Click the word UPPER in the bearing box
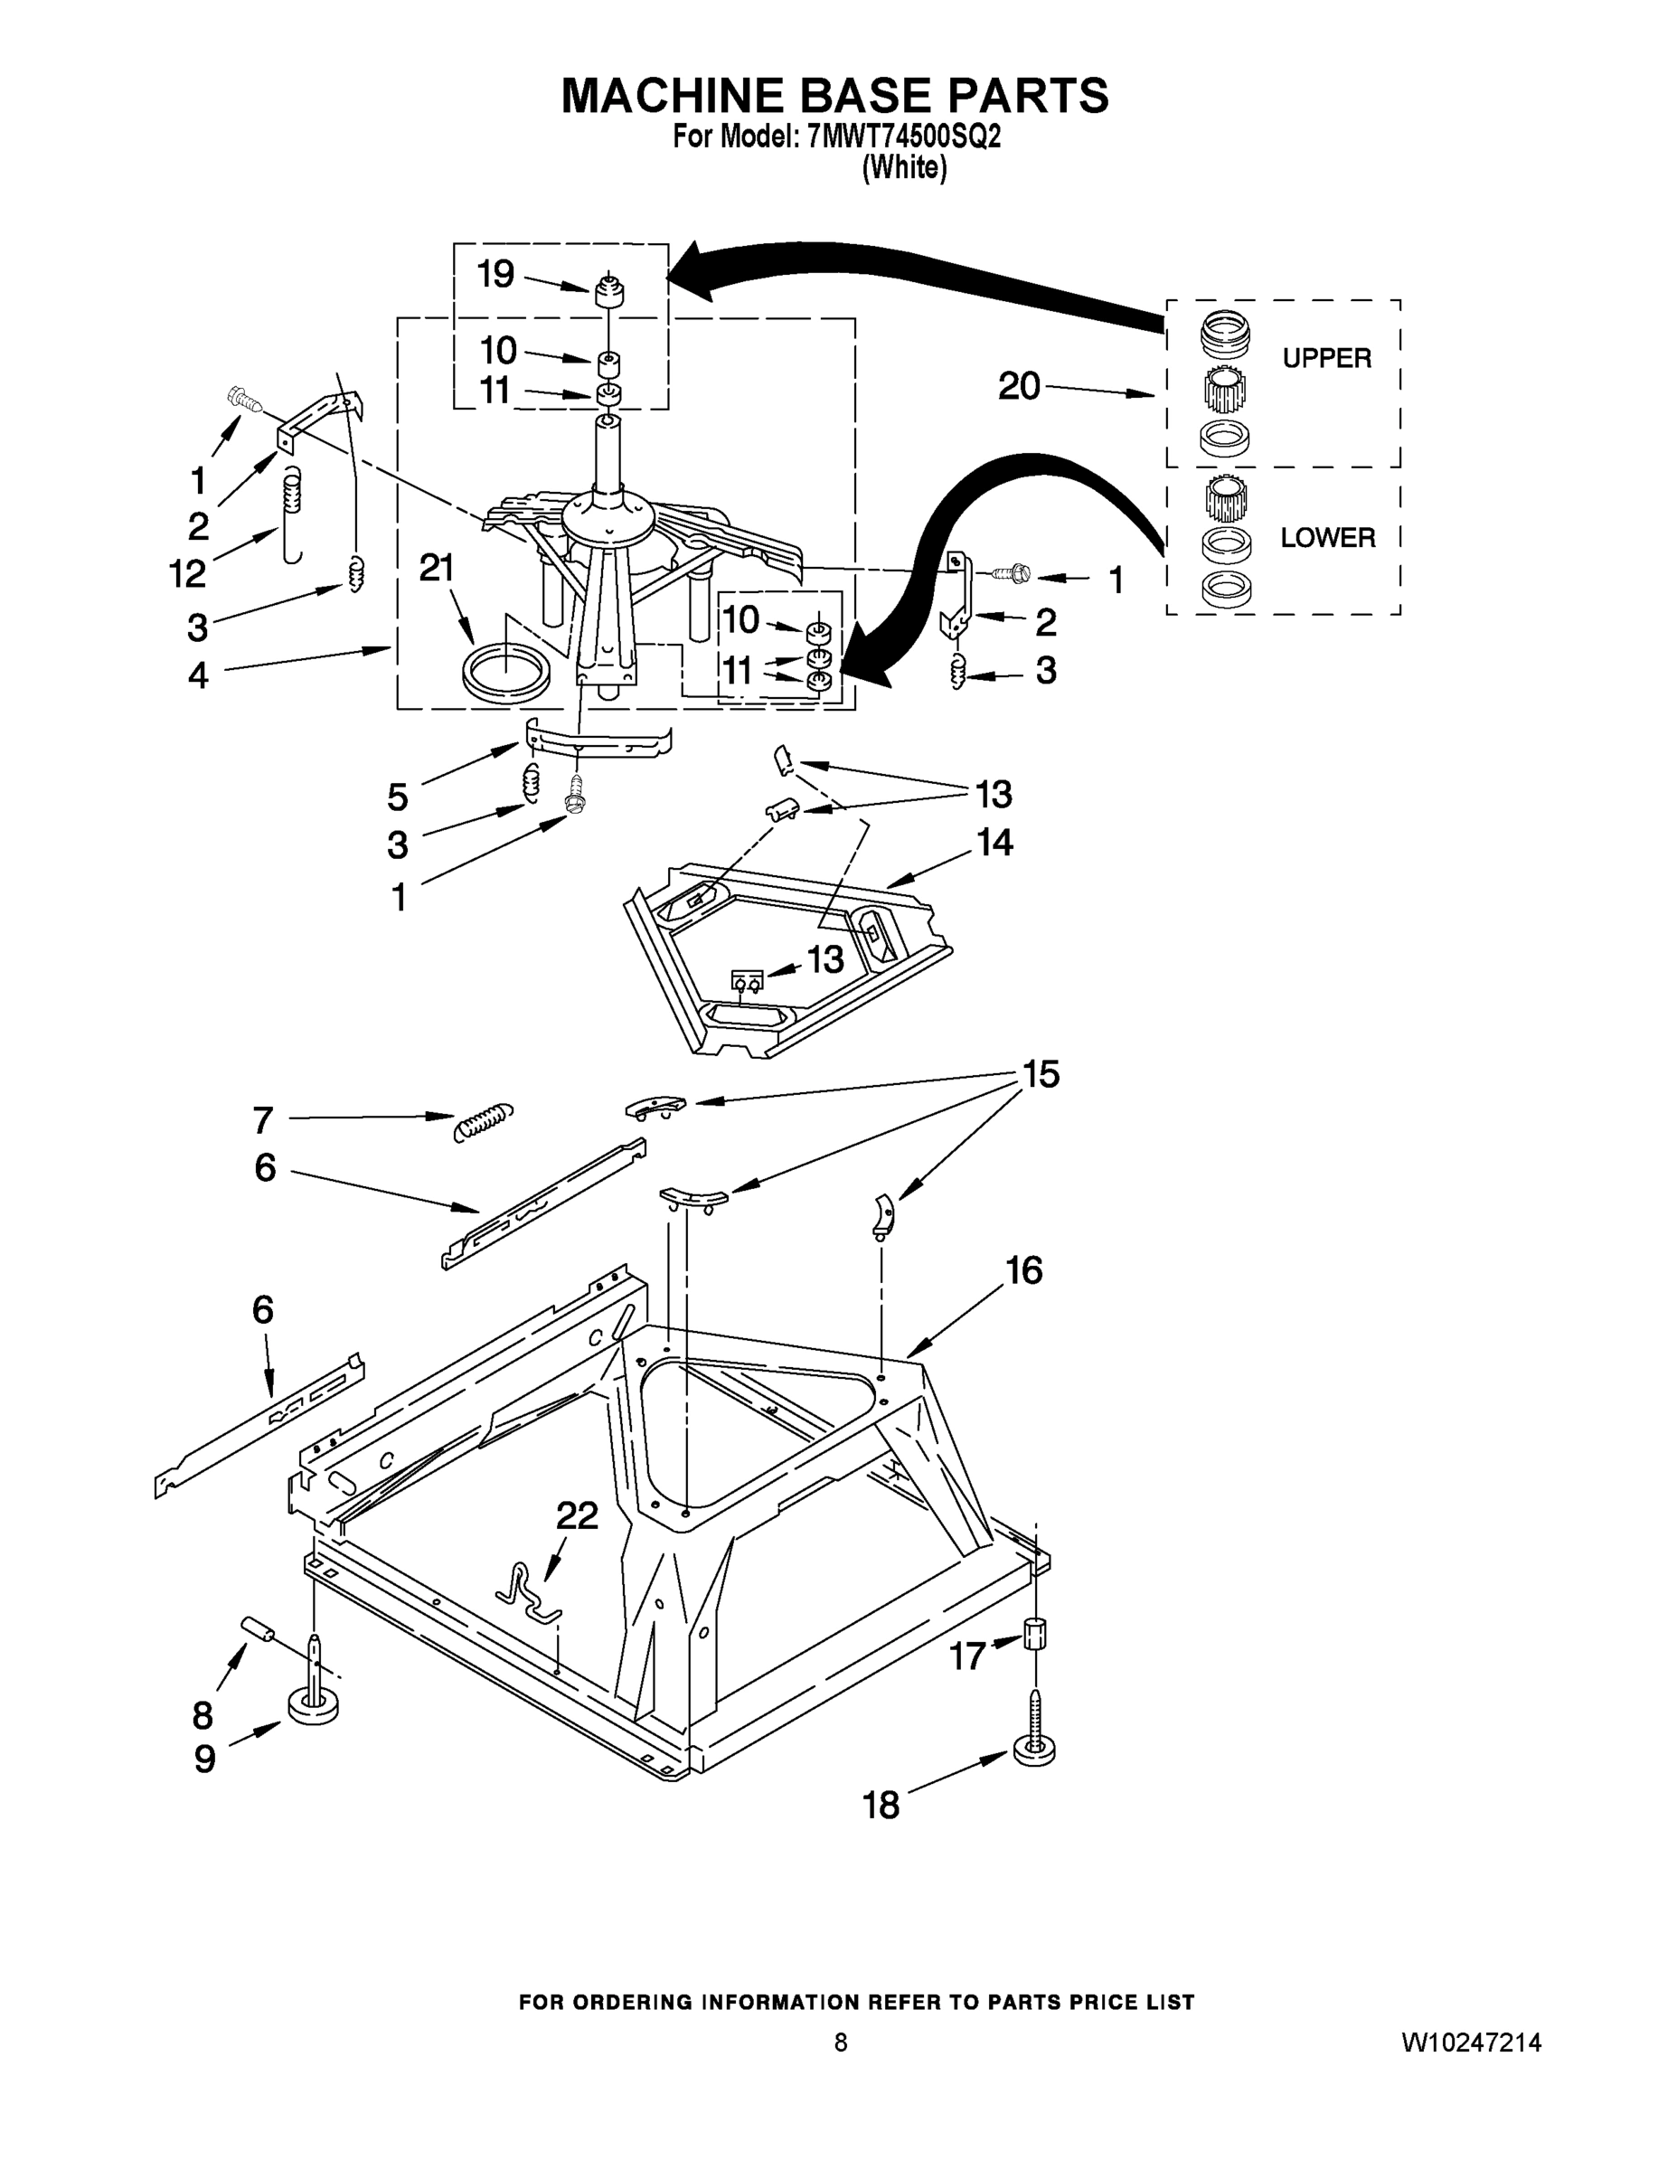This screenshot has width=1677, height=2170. click(x=1326, y=358)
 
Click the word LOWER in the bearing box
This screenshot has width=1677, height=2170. click(x=1327, y=538)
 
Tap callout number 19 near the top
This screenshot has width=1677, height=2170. click(x=495, y=273)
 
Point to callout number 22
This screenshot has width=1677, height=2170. click(x=576, y=1515)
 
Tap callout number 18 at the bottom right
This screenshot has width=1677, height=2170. click(x=881, y=1806)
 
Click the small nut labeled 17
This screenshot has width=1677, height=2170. click(x=1034, y=1632)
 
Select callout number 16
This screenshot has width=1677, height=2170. click(x=1024, y=1269)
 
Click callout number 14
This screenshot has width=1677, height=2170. click(x=994, y=843)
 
